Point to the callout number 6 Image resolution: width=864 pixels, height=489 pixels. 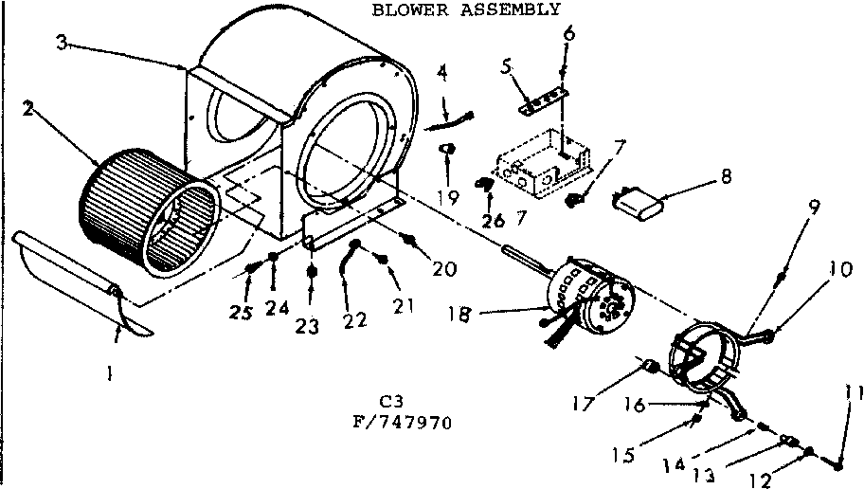[x=567, y=33]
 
